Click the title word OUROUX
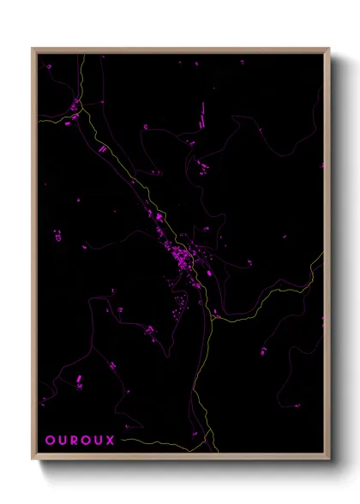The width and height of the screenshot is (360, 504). click(x=74, y=441)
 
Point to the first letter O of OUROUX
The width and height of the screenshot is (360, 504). click(x=49, y=441)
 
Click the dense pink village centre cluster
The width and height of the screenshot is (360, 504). click(x=183, y=256)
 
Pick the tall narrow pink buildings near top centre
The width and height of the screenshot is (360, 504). click(x=202, y=112)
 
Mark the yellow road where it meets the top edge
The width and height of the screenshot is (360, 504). click(x=82, y=55)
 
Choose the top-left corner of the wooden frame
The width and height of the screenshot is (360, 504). click(x=33, y=49)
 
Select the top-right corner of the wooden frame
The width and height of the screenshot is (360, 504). click(x=328, y=49)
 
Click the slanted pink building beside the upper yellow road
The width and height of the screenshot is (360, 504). click(x=102, y=147)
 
